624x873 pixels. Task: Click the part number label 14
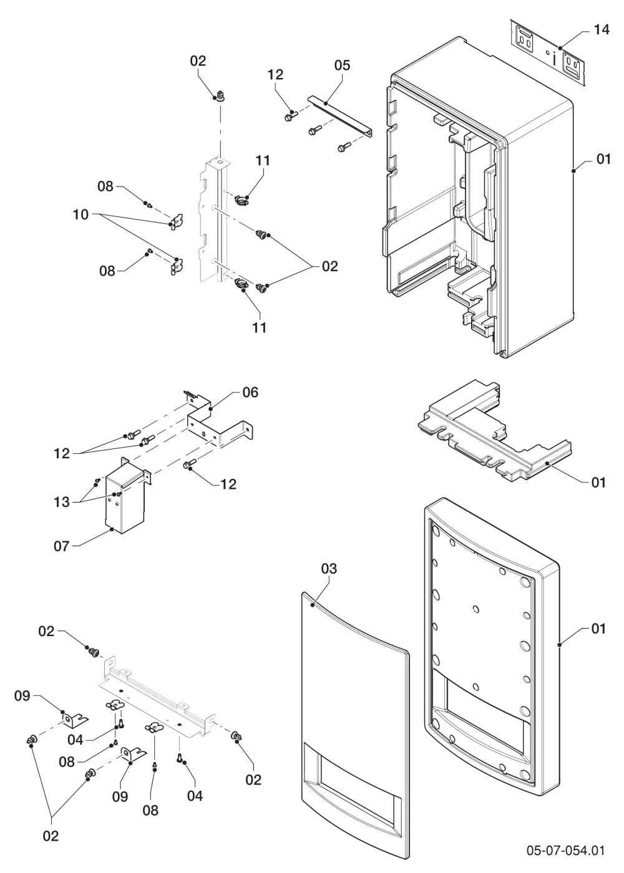coord(601,30)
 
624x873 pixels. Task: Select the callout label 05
coord(342,65)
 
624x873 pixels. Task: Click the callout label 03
coord(329,569)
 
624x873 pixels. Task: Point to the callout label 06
coord(250,392)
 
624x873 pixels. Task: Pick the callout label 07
coord(61,546)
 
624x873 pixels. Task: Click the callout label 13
coord(62,503)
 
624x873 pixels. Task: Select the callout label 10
coord(80,215)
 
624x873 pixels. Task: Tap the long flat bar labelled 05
coord(339,116)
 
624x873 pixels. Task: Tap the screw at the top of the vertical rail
coord(220,95)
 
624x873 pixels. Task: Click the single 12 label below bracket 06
coord(228,485)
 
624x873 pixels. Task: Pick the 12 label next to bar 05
coord(275,75)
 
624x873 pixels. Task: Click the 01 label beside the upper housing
coord(603,160)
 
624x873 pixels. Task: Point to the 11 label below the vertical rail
coord(260,328)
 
